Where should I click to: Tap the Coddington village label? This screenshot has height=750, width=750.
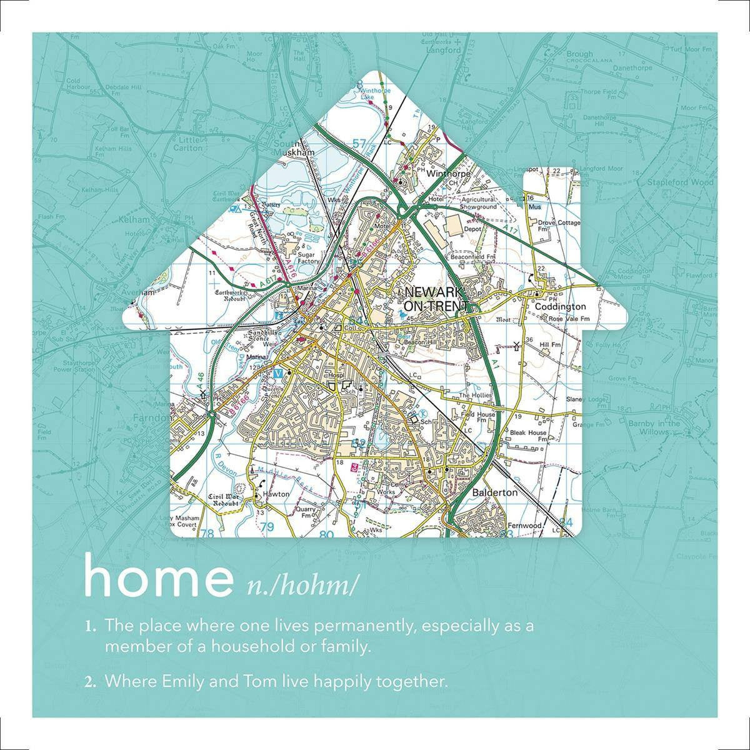560,307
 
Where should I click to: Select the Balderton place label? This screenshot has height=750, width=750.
495,492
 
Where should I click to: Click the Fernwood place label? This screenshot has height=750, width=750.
524,526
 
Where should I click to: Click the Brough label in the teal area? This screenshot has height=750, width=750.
580,54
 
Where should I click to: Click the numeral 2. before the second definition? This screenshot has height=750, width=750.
91,681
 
